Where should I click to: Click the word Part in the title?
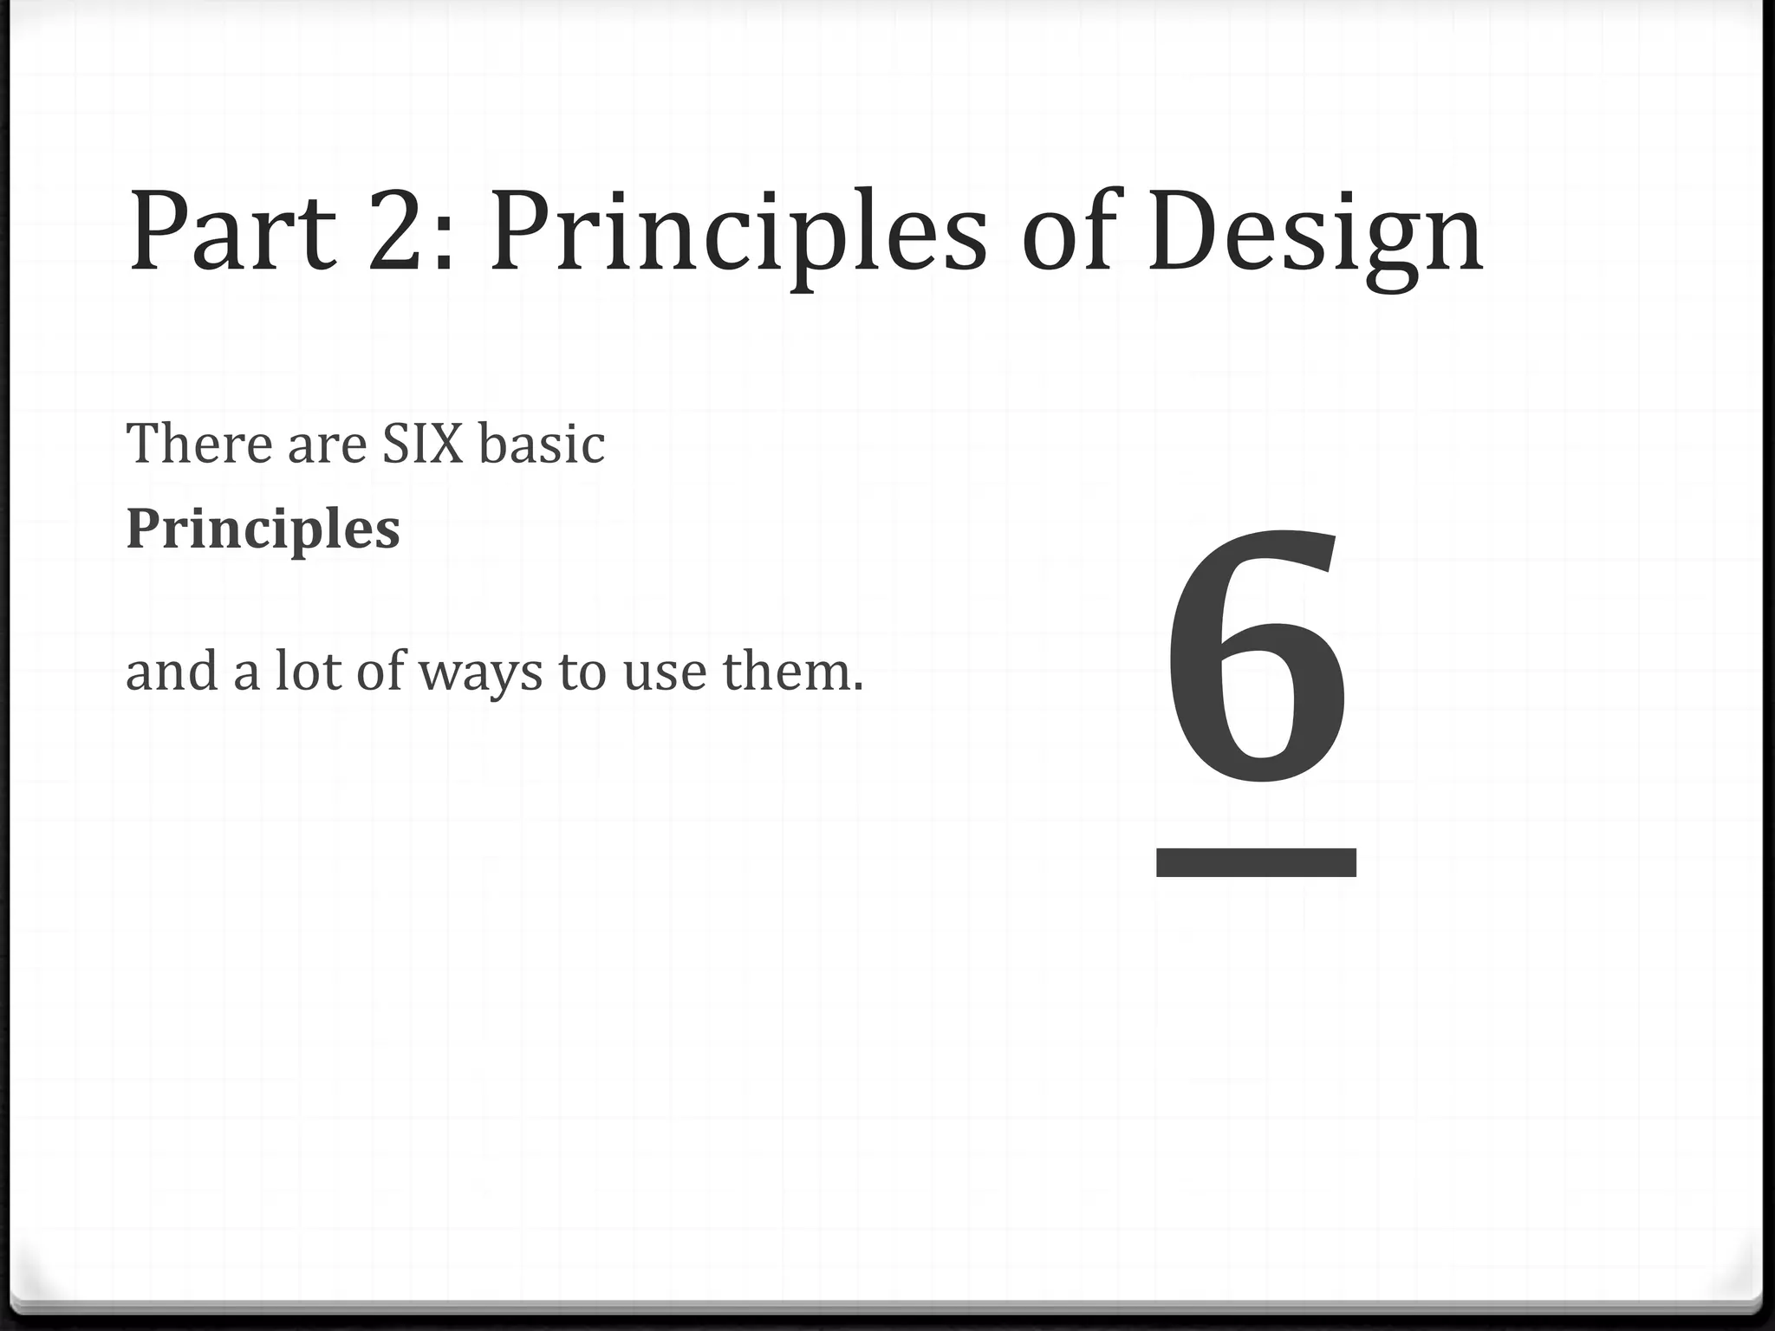(232, 231)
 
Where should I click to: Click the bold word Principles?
(263, 530)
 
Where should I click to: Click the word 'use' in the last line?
(665, 674)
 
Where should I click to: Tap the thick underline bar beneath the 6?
(1256, 863)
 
